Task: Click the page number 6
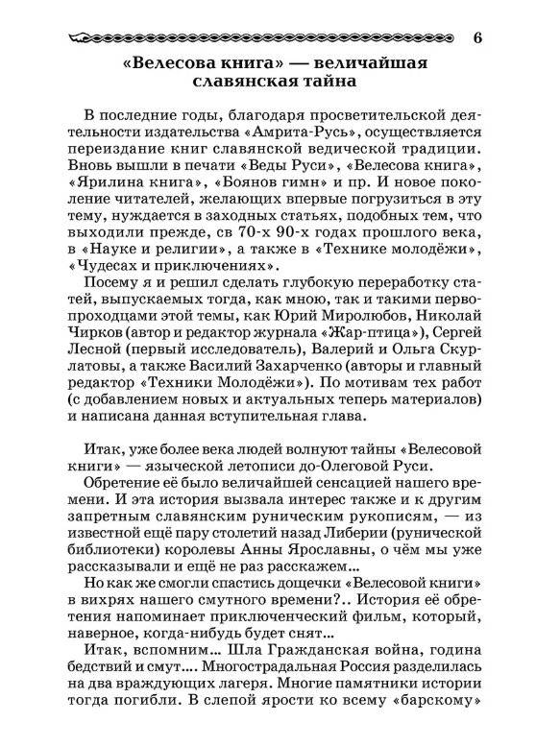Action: tap(477, 38)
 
